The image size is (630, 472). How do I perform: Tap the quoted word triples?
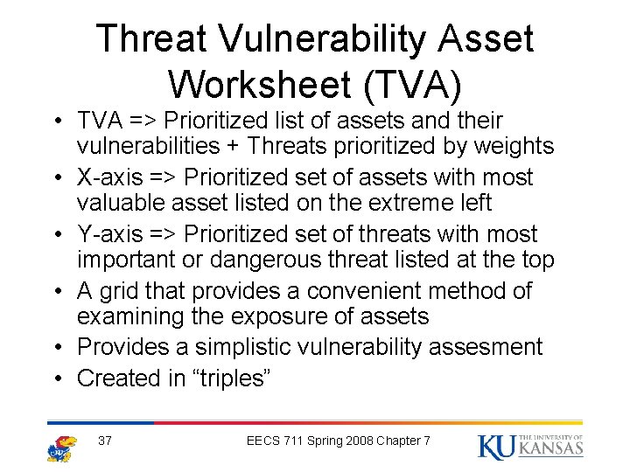click(234, 378)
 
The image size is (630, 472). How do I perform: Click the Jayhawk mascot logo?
click(62, 447)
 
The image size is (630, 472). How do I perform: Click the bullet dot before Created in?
click(54, 378)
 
